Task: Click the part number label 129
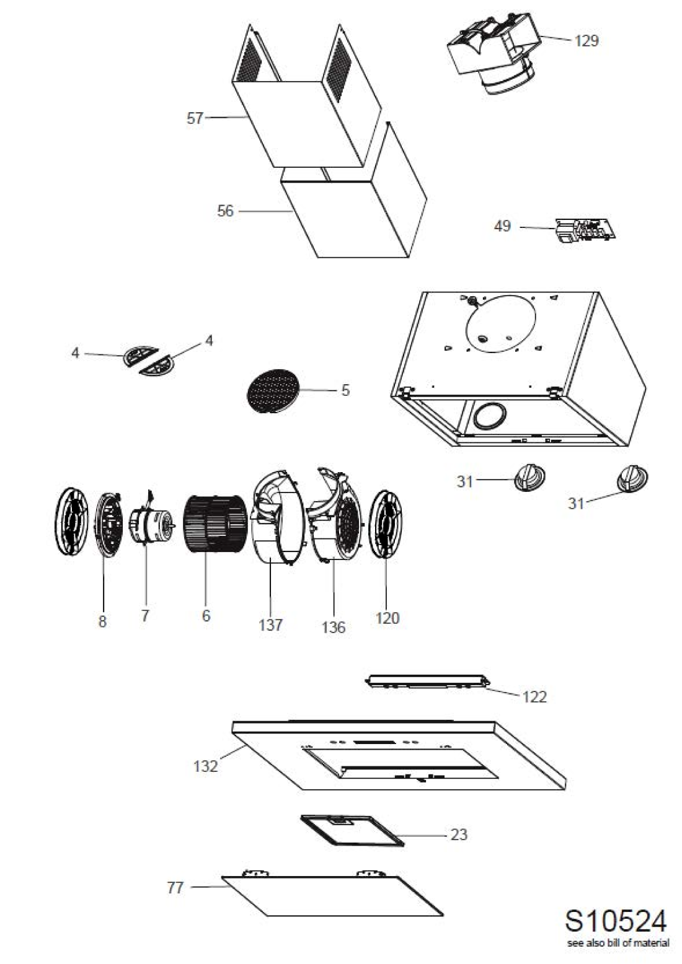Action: [x=586, y=41]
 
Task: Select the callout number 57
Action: [x=195, y=118]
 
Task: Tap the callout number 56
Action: [x=225, y=211]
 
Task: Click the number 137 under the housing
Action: [x=270, y=624]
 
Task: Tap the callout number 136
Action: [x=333, y=627]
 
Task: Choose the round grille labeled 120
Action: [x=386, y=523]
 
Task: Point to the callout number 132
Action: [x=205, y=766]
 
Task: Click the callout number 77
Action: [x=175, y=887]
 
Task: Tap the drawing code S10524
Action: [x=616, y=921]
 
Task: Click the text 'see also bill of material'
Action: [x=618, y=943]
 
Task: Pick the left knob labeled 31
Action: [x=529, y=479]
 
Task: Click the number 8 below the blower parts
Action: [x=102, y=621]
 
